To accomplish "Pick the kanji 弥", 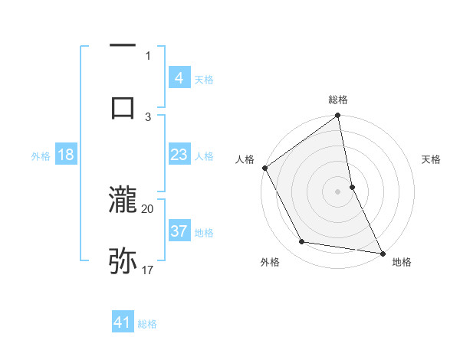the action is (x=123, y=260).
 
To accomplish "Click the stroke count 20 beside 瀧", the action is (x=148, y=208).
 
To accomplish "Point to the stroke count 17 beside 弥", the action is (x=148, y=270).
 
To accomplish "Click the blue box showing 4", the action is (x=179, y=78).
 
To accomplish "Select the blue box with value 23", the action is (x=179, y=155).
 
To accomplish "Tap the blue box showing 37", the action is (x=179, y=231).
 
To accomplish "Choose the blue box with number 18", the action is (x=65, y=155).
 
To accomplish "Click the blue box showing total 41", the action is (x=123, y=322).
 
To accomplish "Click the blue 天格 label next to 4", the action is (x=204, y=80).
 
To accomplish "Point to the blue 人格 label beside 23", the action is (x=204, y=156).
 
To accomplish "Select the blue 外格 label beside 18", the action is (x=41, y=156).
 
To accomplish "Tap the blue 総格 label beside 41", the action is (x=147, y=324).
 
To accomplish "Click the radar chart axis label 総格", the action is (x=338, y=100).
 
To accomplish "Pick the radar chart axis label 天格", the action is (x=432, y=159).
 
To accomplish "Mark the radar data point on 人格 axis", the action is (x=264, y=168).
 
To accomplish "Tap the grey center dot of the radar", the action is (x=337, y=191).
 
